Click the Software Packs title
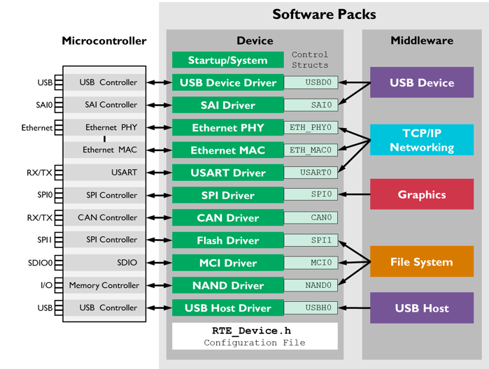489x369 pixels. (x=324, y=14)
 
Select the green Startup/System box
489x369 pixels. (x=228, y=60)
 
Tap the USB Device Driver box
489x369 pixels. (x=228, y=82)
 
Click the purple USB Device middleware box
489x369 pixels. (x=422, y=82)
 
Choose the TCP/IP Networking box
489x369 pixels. (x=422, y=140)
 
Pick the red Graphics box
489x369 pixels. (x=422, y=194)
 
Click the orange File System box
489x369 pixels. (x=422, y=262)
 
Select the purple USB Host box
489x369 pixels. (x=422, y=307)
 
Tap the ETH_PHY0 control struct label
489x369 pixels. (x=311, y=127)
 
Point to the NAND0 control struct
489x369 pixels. (x=311, y=285)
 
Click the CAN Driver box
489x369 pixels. (x=228, y=217)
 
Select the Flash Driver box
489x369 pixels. (x=228, y=240)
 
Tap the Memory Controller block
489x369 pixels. (x=104, y=285)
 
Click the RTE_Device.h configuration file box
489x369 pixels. (x=255, y=336)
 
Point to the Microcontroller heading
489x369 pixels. (x=104, y=41)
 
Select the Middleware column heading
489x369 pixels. (x=422, y=41)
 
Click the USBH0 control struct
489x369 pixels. (x=311, y=307)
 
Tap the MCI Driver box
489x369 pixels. (x=228, y=262)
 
